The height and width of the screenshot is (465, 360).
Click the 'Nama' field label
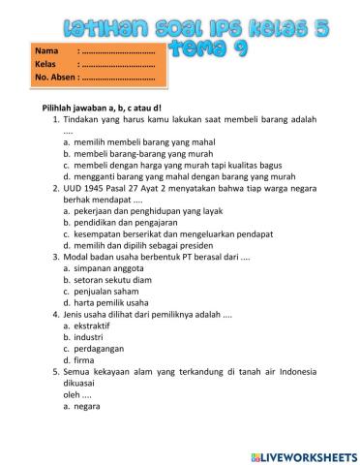45,49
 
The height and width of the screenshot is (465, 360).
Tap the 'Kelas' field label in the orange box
45,63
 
